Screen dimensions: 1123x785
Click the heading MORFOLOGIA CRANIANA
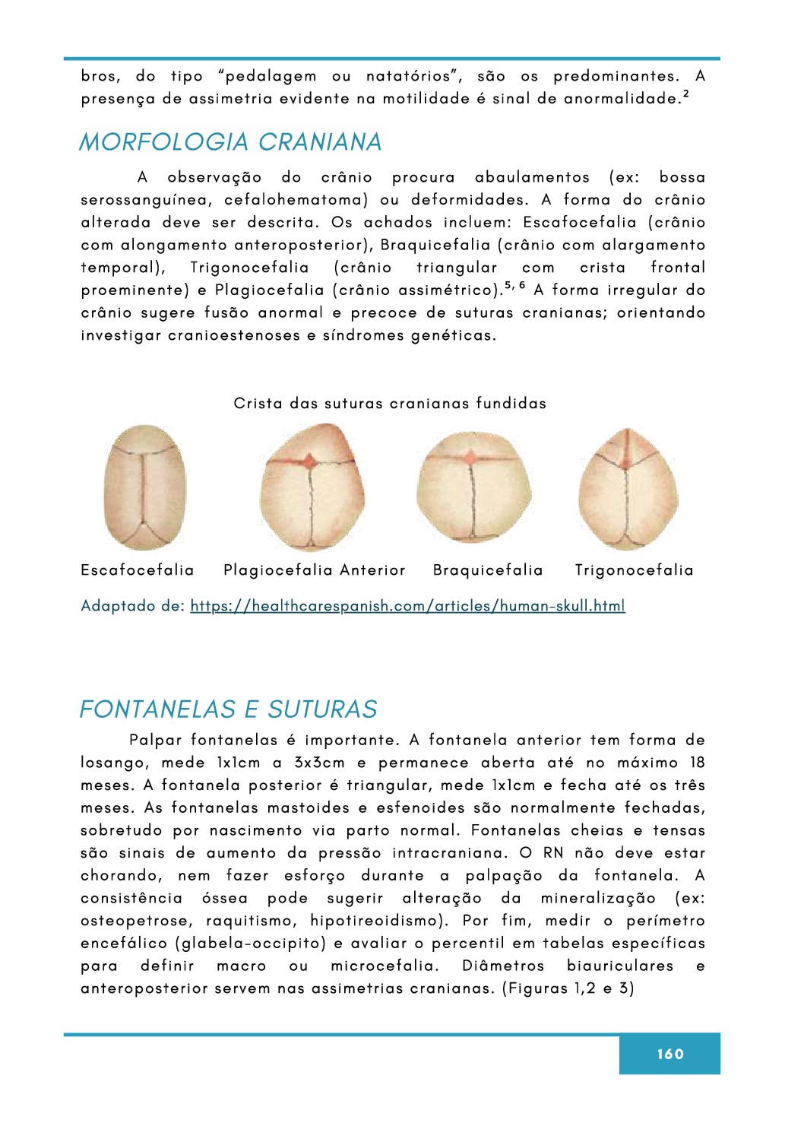230,142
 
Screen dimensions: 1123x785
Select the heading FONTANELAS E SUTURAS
228,709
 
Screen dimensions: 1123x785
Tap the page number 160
669,1054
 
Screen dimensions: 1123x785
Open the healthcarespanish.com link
407,606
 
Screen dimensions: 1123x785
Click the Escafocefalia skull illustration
144,487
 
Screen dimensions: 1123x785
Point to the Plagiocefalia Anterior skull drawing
312,487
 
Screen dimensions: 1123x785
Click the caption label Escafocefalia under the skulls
138,570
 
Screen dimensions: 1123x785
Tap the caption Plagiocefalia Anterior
314,570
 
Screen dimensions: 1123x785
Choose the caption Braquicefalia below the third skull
488,570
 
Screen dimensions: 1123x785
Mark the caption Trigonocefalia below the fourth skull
634,570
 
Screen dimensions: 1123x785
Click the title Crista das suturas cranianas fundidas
390,404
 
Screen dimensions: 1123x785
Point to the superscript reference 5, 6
515,285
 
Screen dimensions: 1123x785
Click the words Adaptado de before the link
132,606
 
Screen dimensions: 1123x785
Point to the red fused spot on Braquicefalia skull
471,457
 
